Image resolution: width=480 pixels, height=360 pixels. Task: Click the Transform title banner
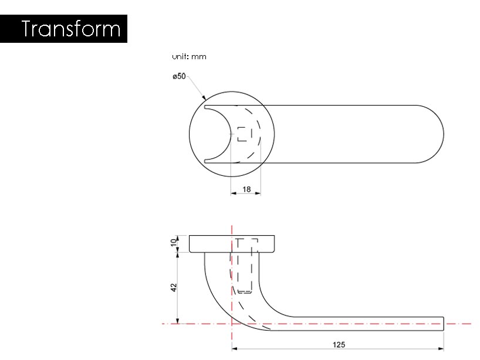(64, 29)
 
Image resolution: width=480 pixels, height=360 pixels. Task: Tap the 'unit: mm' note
(189, 57)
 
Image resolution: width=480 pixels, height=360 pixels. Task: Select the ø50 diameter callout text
(179, 76)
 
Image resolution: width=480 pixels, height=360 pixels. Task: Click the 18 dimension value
(246, 189)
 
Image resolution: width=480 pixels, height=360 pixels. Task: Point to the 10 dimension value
(174, 243)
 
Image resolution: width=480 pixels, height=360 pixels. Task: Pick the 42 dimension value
(174, 287)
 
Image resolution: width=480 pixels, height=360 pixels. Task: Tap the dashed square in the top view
(245, 134)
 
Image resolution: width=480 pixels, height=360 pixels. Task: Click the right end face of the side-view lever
(443, 324)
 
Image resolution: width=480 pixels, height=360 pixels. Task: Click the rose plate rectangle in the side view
(232, 243)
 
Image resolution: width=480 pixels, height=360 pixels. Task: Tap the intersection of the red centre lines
(232, 323)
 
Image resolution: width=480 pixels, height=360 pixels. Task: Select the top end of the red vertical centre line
(232, 225)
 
